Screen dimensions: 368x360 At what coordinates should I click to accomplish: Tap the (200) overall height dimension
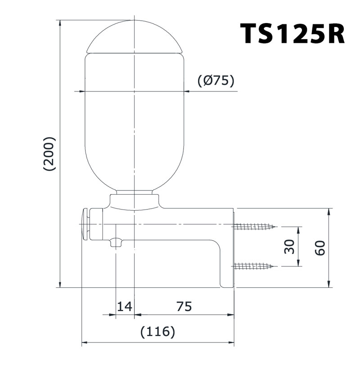49,154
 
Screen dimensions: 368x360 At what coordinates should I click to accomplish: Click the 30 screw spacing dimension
290,246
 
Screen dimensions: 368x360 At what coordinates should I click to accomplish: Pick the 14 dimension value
125,307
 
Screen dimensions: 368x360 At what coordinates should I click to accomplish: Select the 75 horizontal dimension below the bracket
184,307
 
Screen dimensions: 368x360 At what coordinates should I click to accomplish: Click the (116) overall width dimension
157,332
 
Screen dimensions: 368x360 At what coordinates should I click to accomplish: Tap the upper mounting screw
254,227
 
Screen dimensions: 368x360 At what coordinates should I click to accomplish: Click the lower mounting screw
254,266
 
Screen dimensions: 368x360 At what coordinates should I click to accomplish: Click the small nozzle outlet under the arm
116,243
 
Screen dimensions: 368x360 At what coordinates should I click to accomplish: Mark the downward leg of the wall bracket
227,266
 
